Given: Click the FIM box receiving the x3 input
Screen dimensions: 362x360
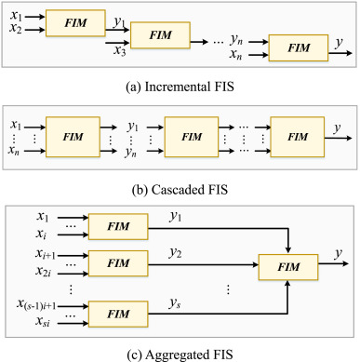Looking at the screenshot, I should coord(158,36).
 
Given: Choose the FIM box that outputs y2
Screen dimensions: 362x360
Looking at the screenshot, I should coord(117,263).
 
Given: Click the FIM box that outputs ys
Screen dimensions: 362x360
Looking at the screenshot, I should coord(117,316).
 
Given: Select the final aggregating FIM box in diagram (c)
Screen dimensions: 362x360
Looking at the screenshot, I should coord(290,268).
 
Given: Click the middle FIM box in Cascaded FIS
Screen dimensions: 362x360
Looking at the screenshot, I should coord(192,136).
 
